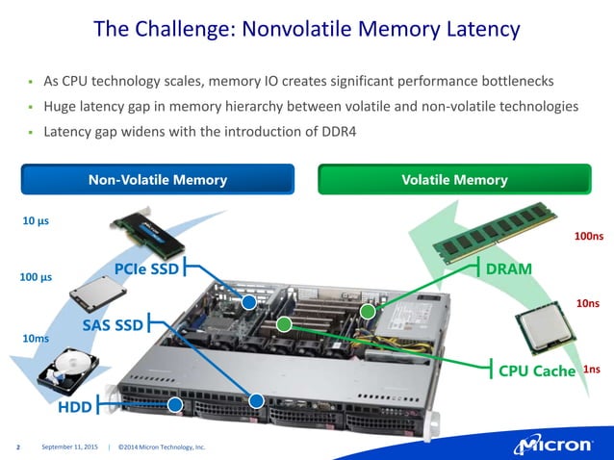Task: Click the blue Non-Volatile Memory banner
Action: [x=158, y=180]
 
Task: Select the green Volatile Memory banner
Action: [x=454, y=180]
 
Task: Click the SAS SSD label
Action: [x=112, y=326]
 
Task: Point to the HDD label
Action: [x=75, y=406]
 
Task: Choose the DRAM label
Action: [x=509, y=268]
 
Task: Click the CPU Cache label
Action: [x=536, y=370]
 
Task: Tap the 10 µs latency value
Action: [x=36, y=220]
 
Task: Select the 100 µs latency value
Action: [x=36, y=279]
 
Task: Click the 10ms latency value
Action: [x=36, y=339]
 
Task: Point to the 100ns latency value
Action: [x=588, y=236]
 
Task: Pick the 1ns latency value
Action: [x=593, y=370]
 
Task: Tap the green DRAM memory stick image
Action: [x=491, y=231]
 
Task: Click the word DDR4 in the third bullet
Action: [x=337, y=131]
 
